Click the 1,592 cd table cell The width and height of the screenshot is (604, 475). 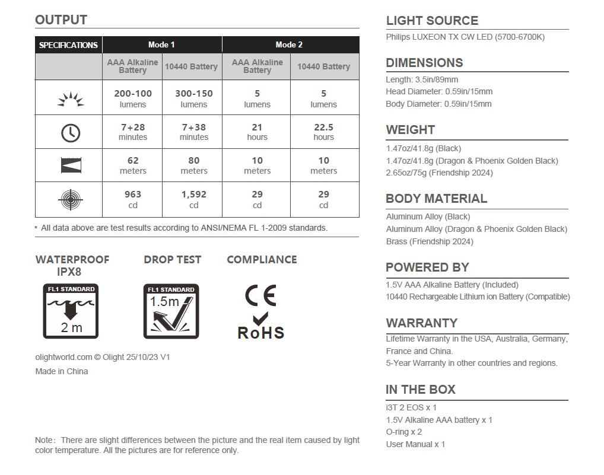(193, 199)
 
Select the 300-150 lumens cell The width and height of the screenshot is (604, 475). (193, 98)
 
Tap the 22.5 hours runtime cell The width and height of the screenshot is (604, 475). (323, 132)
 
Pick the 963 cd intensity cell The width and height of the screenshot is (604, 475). (132, 199)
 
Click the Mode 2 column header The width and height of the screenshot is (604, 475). (289, 44)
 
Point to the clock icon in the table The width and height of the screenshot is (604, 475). (71, 132)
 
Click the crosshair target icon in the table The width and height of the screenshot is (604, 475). (71, 200)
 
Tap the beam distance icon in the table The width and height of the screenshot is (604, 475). (71, 166)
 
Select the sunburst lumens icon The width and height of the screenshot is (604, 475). (71, 99)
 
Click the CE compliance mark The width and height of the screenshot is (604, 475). (260, 295)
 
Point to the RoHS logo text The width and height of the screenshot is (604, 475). (261, 333)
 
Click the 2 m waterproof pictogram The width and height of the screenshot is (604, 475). (71, 311)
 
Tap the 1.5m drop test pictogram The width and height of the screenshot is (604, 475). (171, 311)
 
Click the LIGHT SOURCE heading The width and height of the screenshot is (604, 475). (432, 21)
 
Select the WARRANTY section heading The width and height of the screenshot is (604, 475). (421, 323)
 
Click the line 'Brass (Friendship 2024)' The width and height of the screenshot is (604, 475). (430, 241)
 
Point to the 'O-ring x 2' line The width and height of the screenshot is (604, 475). (404, 432)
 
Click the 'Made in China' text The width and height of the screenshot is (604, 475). (62, 371)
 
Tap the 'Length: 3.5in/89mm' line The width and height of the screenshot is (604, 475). (422, 79)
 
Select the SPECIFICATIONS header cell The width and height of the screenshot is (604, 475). (68, 45)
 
